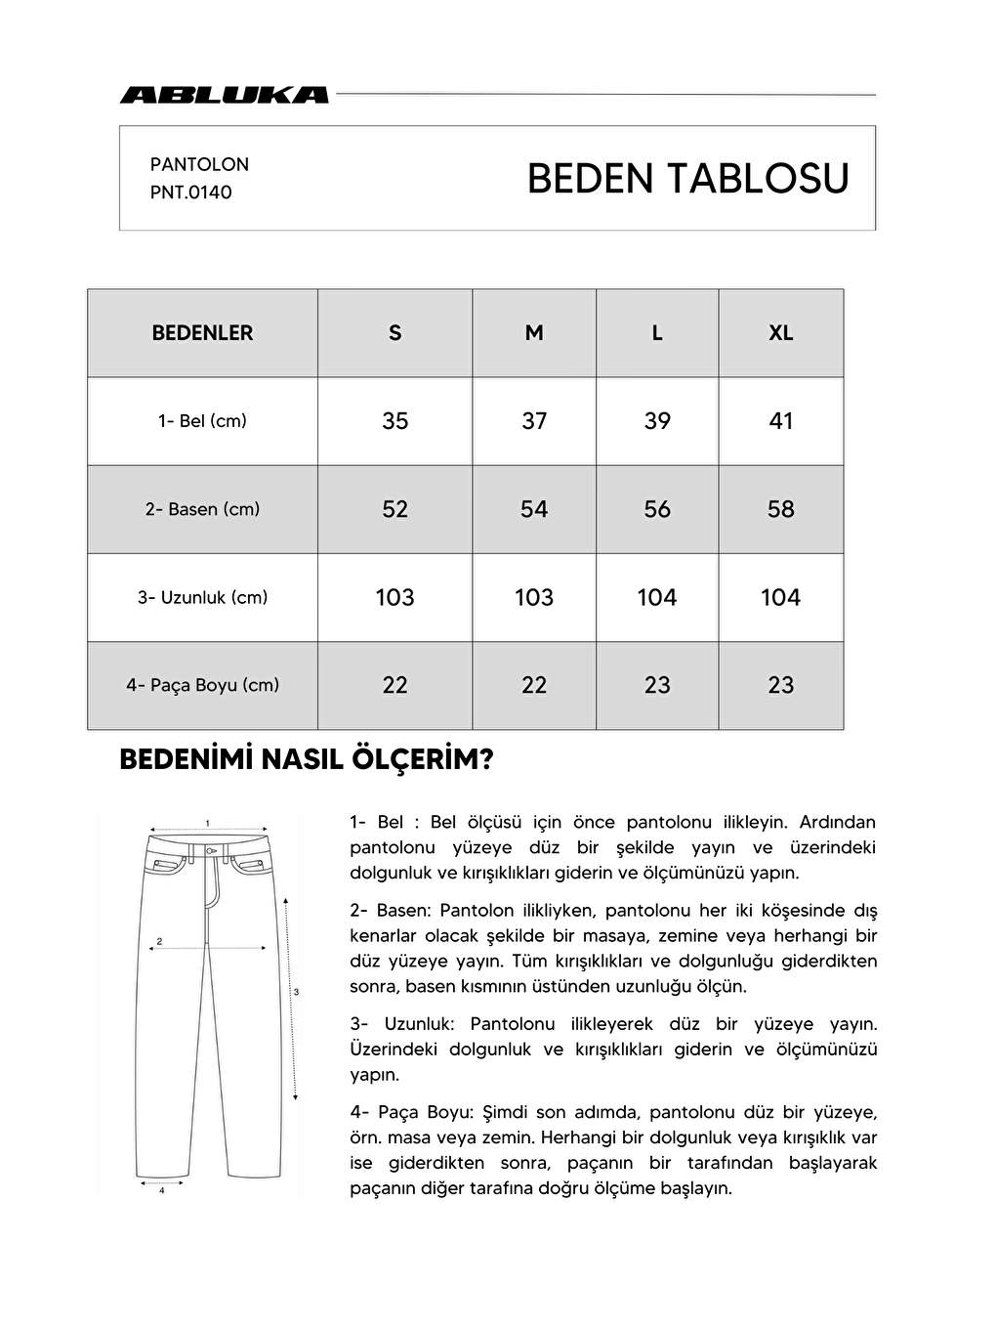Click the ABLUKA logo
coord(224,95)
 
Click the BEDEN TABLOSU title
coord(687,179)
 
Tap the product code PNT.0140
coord(190,193)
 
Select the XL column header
coord(780,333)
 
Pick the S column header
coord(394,333)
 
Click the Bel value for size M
coord(534,421)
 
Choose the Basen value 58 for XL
coord(780,509)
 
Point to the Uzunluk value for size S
coord(394,597)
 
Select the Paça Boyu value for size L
coord(657,685)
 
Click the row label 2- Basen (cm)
coord(202,509)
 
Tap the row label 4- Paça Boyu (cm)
coord(202,685)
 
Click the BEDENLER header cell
coord(202,333)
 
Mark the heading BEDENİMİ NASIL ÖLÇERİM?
coord(306,760)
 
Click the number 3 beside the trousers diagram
coord(296,992)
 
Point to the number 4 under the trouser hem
coord(161,1190)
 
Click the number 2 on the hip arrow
coord(159,942)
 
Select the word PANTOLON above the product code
coord(199,164)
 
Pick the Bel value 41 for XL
coord(780,421)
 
